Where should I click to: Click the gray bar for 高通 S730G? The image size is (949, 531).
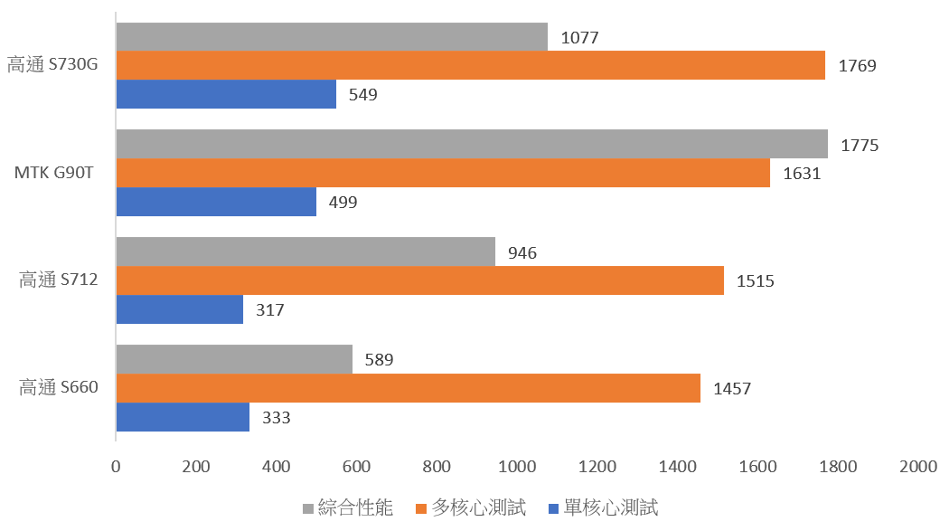[x=332, y=37]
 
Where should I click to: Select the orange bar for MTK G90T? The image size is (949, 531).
[x=443, y=173]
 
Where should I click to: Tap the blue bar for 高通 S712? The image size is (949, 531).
[x=180, y=309]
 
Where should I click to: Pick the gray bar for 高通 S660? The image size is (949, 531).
[x=234, y=359]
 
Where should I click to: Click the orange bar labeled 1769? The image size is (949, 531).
[x=470, y=65]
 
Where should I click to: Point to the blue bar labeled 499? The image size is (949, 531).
[x=216, y=202]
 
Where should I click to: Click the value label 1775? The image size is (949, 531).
[x=860, y=145]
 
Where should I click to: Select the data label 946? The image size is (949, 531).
[x=522, y=252]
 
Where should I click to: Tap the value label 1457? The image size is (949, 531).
[x=732, y=389]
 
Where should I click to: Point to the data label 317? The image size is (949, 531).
[x=270, y=309]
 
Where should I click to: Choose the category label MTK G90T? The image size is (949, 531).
[x=54, y=173]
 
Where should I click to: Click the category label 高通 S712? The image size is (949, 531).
[x=59, y=280]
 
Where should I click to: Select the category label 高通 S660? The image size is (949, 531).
[x=59, y=388]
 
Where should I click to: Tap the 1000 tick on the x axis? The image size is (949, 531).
[x=517, y=467]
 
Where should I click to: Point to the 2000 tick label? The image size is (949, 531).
[x=918, y=467]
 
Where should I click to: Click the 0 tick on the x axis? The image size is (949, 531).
[x=116, y=467]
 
